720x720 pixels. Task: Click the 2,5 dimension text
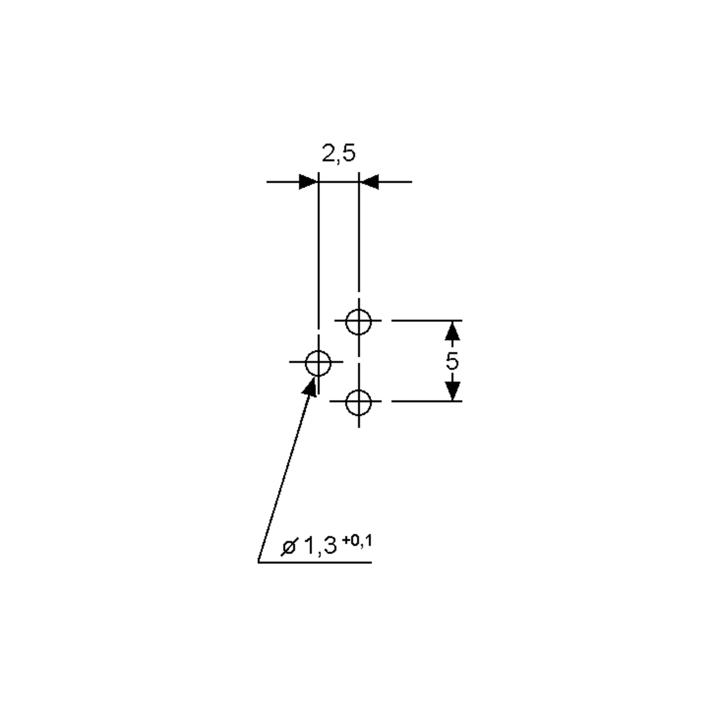338,153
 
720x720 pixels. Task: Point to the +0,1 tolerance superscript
357,540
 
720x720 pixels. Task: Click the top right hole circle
358,322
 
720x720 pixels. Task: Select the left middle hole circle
318,363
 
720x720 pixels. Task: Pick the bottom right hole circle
358,403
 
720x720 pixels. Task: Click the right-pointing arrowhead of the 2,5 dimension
308,182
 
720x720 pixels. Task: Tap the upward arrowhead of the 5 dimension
452,331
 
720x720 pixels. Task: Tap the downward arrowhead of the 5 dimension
452,391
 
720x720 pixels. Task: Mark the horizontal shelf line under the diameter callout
315,562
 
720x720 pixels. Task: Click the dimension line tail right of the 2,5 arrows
395,182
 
